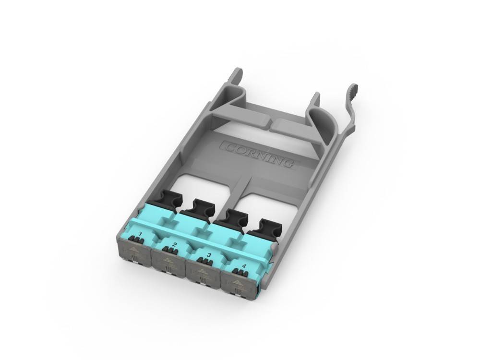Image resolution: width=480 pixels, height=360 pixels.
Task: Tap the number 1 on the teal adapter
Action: click(x=140, y=234)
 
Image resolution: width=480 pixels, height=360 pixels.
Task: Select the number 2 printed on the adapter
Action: click(x=174, y=245)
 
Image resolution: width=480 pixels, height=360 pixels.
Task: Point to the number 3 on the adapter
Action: click(x=208, y=255)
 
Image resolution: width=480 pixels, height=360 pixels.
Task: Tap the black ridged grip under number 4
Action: click(x=238, y=272)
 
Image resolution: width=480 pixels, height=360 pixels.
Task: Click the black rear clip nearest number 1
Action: click(x=169, y=197)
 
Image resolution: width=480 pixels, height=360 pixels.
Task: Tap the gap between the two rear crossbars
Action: click(x=270, y=126)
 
